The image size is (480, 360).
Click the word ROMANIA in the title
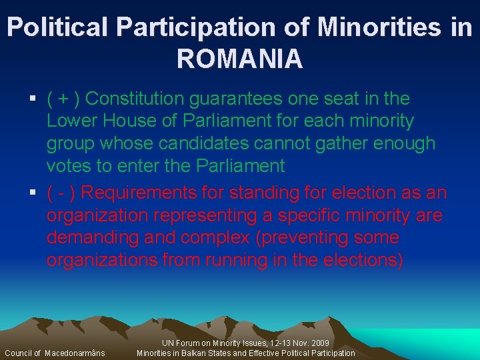pyautogui.click(x=239, y=59)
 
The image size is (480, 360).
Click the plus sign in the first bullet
pyautogui.click(x=63, y=99)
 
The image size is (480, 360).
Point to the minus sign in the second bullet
pyautogui.click(x=63, y=193)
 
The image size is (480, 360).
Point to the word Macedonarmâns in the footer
pyautogui.click(x=75, y=353)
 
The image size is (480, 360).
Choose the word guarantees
pyautogui.click(x=237, y=99)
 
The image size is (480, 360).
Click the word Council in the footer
pyautogui.click(x=18, y=353)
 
